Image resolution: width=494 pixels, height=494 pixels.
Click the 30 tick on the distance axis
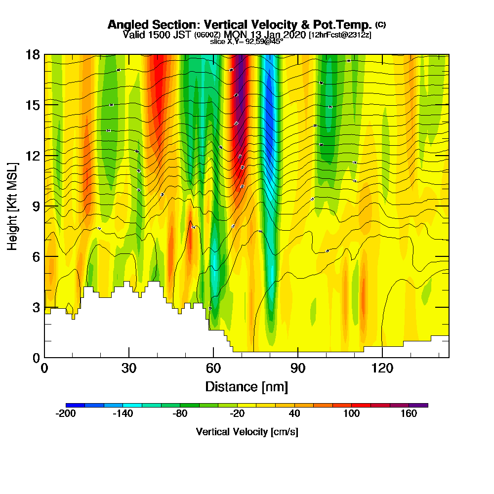pyautogui.click(x=129, y=369)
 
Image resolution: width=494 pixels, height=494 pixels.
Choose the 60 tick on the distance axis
pyautogui.click(x=213, y=369)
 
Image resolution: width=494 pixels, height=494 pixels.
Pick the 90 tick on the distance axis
pyautogui.click(x=297, y=369)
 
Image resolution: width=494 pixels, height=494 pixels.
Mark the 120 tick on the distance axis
pyautogui.click(x=382, y=369)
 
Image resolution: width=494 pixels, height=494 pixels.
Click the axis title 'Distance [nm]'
pyautogui.click(x=247, y=386)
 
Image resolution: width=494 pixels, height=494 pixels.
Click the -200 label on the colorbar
pyautogui.click(x=66, y=414)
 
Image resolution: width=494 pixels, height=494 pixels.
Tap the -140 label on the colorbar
pyautogui.click(x=123, y=414)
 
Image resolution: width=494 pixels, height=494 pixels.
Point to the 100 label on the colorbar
pyautogui.click(x=352, y=414)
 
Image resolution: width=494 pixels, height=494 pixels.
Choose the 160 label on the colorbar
pyautogui.click(x=409, y=414)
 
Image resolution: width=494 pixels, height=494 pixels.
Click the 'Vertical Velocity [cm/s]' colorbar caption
pyautogui.click(x=247, y=432)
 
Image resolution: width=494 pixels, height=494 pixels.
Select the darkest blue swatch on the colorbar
pyautogui.click(x=75, y=405)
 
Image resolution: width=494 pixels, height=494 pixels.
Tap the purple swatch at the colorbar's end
pyautogui.click(x=418, y=405)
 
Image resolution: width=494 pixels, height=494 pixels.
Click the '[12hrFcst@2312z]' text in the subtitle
pyautogui.click(x=340, y=35)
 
